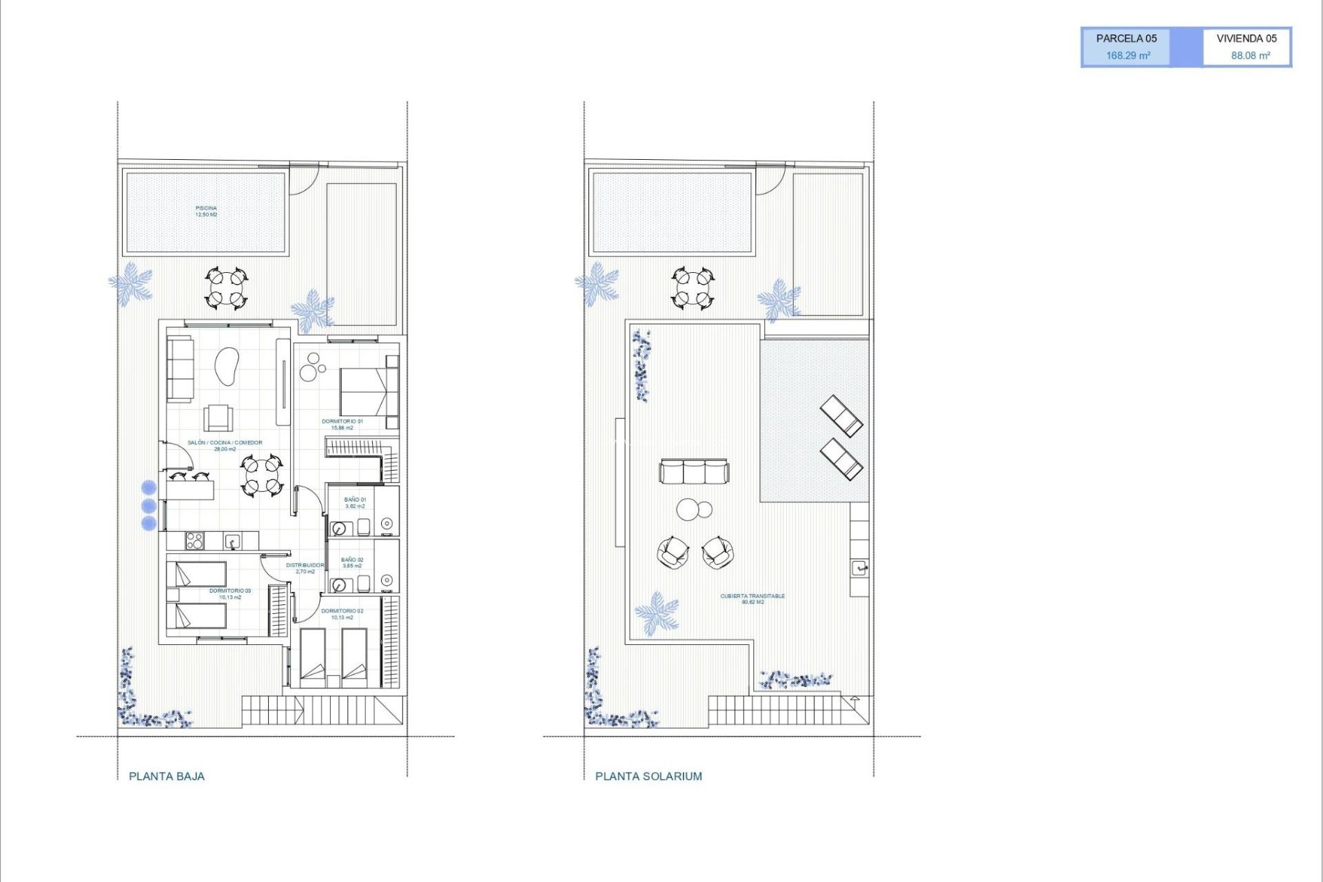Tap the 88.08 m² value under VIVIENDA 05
tap(1250, 56)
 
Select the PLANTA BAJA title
tap(167, 776)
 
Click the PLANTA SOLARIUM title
tap(648, 776)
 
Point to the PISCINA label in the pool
tap(206, 211)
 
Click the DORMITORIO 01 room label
tap(342, 422)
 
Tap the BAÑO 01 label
tap(355, 500)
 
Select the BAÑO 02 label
tap(352, 560)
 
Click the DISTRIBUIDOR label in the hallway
tap(305, 565)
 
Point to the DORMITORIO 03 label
tap(230, 591)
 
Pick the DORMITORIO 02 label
tap(342, 611)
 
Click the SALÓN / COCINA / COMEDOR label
tap(225, 443)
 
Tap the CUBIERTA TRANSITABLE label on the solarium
tap(752, 596)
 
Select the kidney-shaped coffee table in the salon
tap(227, 367)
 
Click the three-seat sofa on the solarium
tap(694, 472)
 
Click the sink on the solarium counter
tap(859, 568)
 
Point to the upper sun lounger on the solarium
tap(841, 415)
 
